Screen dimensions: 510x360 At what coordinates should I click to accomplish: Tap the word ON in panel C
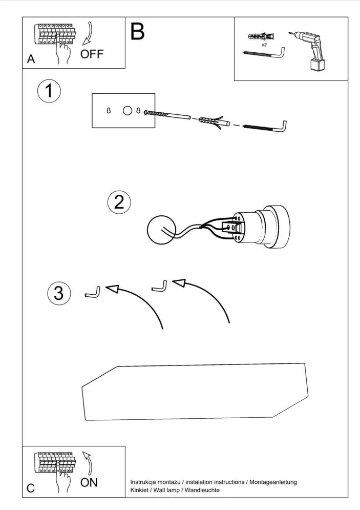coord(89,482)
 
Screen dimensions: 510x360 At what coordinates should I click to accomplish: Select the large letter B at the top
coord(137,32)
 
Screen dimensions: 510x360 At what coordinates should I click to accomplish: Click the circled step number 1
coord(49,92)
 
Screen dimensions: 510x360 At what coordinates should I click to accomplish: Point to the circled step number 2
coord(119,202)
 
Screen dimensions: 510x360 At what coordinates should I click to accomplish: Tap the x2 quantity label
coord(264,45)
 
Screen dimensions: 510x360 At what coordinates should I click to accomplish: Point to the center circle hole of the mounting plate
coord(128,110)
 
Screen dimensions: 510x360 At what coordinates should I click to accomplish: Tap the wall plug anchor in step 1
coord(210,120)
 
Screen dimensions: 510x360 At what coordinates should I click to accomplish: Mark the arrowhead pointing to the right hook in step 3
coord(179,282)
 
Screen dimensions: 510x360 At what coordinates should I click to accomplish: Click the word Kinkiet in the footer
coord(140,491)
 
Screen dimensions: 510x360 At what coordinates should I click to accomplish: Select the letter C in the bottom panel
coord(31,488)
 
